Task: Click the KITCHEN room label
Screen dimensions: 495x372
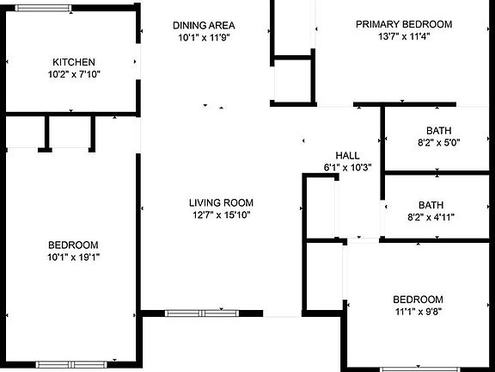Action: click(74, 62)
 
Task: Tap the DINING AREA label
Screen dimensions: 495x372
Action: click(204, 25)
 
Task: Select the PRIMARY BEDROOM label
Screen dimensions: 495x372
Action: click(404, 24)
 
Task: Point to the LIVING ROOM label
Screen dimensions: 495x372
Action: click(222, 202)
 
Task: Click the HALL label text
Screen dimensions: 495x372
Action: click(347, 155)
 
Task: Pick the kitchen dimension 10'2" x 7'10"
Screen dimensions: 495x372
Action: click(74, 74)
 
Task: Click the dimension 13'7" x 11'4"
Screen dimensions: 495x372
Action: click(404, 37)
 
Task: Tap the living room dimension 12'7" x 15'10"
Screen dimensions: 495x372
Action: click(222, 215)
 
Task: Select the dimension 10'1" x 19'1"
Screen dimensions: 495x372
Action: click(74, 257)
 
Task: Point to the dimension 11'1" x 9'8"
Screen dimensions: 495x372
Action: click(419, 312)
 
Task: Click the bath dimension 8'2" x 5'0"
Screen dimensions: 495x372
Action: click(439, 143)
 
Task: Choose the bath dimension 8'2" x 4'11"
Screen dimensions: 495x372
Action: click(431, 217)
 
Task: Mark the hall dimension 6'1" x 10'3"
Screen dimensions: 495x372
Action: click(347, 167)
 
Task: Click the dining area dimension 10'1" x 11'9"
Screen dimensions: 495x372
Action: click(204, 38)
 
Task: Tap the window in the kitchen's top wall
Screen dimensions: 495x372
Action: click(43, 9)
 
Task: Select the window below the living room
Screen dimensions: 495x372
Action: click(202, 313)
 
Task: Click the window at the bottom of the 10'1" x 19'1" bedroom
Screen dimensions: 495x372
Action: click(71, 365)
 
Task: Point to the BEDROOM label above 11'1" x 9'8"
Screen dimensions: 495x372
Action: click(418, 300)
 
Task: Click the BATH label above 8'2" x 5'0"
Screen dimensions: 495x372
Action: click(439, 130)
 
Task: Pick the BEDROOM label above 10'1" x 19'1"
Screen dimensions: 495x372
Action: click(73, 245)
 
